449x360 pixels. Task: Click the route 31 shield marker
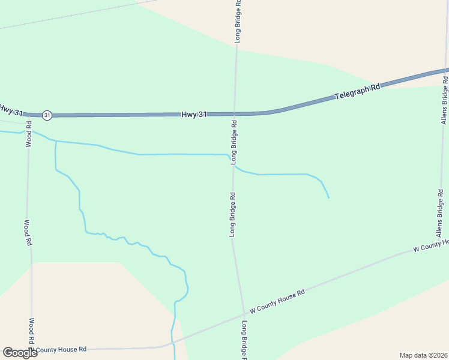[x=47, y=115]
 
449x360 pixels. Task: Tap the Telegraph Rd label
[x=358, y=92]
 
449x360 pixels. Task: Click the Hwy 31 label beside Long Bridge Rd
[x=194, y=114]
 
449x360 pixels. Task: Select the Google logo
[x=19, y=353]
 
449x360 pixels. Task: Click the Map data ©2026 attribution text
[x=423, y=355]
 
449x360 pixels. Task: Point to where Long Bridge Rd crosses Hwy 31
[x=235, y=113]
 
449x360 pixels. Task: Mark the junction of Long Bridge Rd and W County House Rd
[x=244, y=313]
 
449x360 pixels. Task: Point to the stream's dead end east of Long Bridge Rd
[x=329, y=197]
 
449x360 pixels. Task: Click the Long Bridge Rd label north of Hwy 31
[x=238, y=21]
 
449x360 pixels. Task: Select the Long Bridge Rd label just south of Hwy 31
[x=234, y=142]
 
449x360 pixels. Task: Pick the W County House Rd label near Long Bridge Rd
[x=277, y=301]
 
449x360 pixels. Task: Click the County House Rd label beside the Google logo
[x=60, y=349]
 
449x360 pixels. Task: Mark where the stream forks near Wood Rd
[x=56, y=142]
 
